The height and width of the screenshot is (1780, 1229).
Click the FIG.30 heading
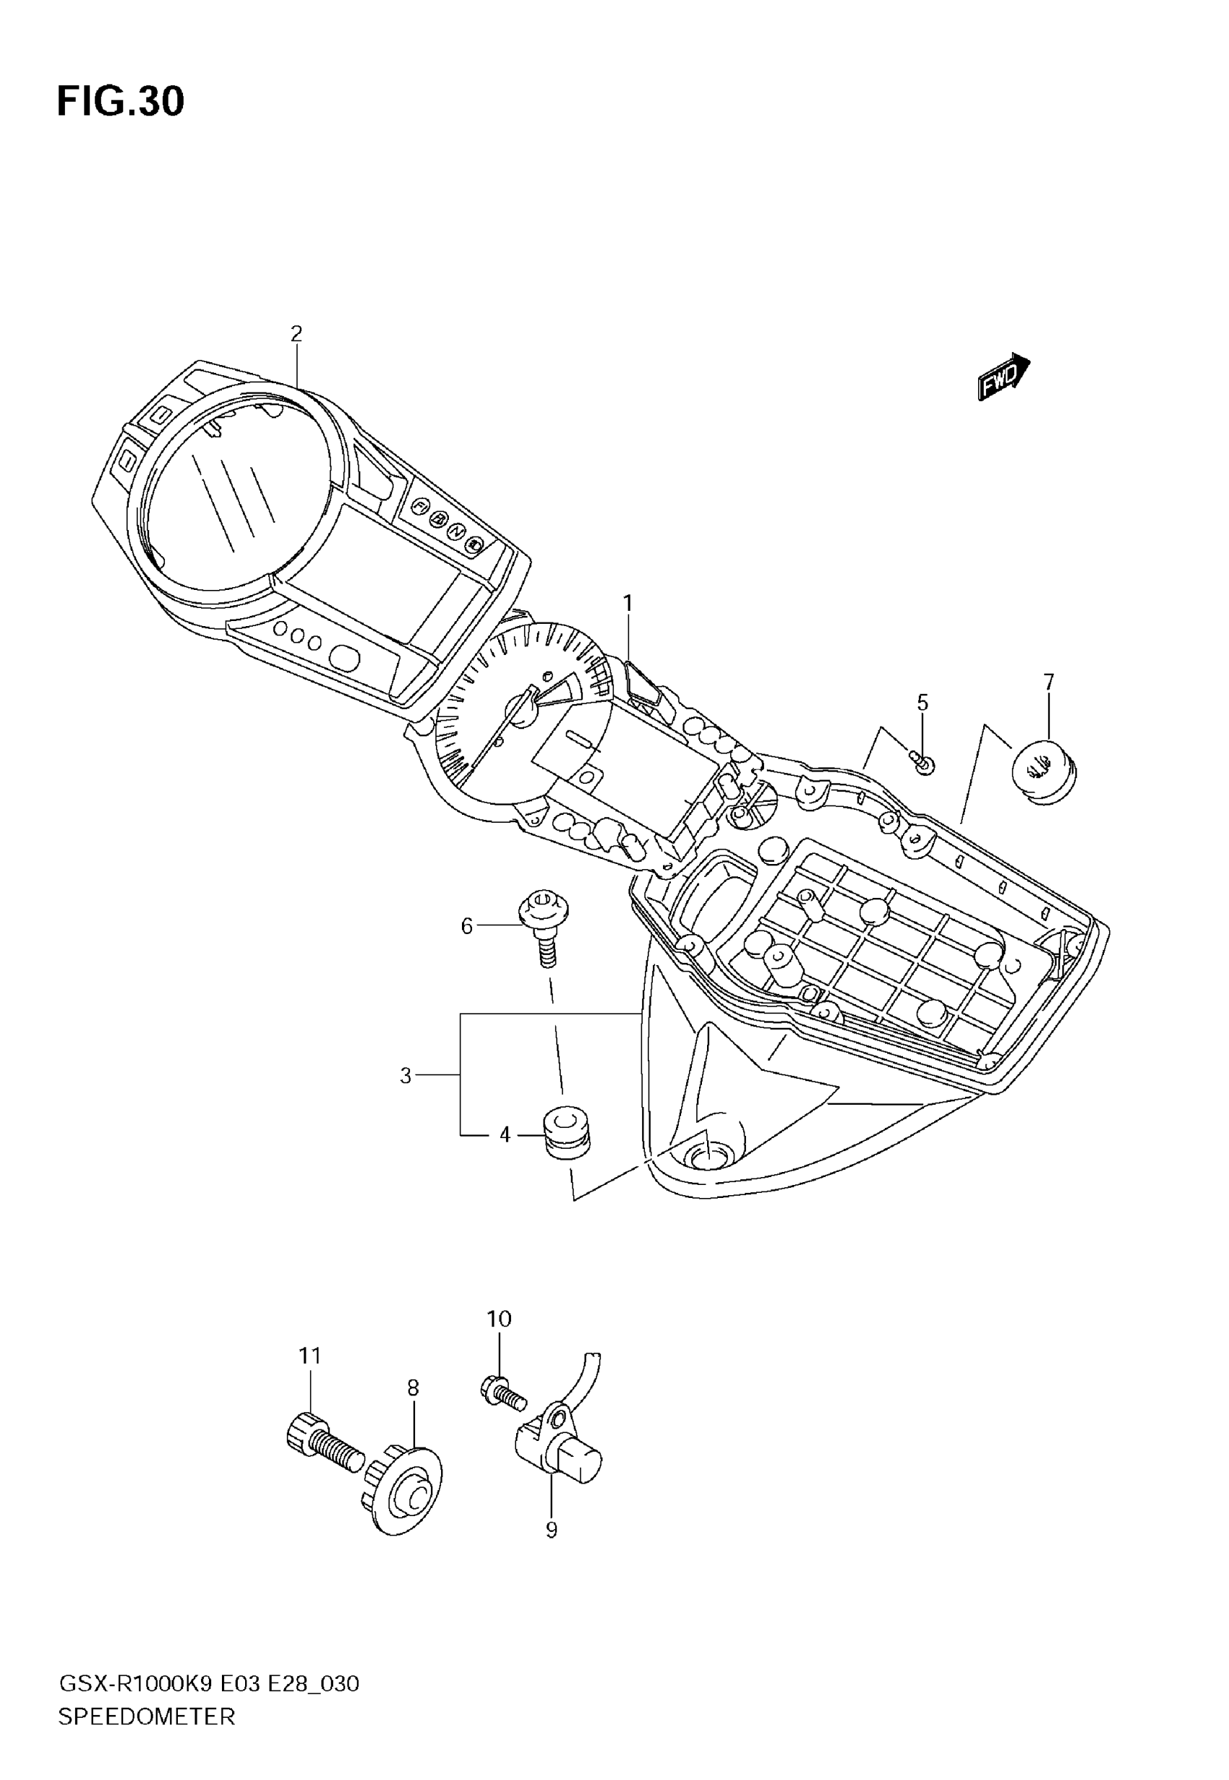point(120,102)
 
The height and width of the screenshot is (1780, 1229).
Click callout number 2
point(296,334)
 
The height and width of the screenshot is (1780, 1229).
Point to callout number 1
point(628,603)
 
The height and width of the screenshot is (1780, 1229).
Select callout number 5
point(922,702)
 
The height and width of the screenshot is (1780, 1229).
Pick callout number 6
point(466,926)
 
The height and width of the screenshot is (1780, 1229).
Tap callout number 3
point(406,1076)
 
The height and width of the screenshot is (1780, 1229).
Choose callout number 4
point(505,1135)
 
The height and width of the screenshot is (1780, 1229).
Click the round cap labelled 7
point(1043,771)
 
